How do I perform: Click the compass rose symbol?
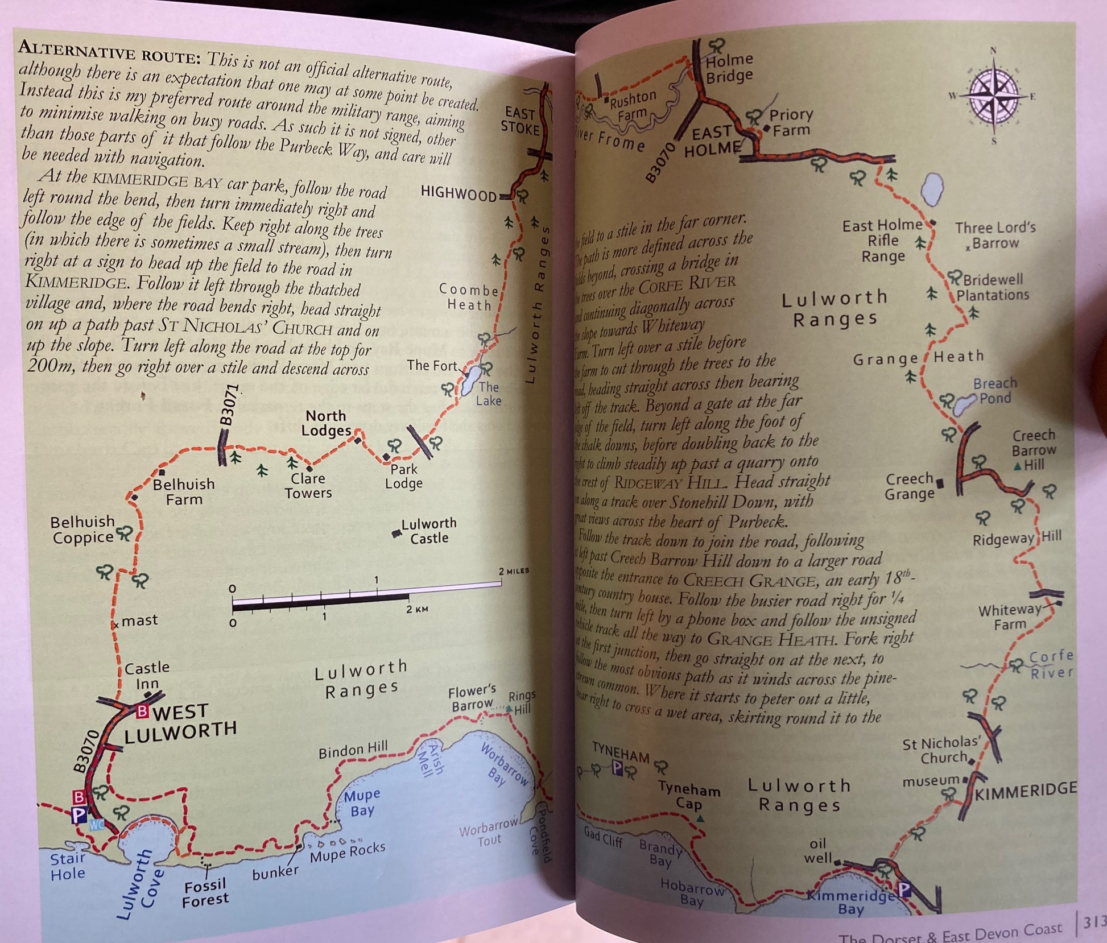click(x=994, y=96)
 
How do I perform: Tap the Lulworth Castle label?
click(x=429, y=531)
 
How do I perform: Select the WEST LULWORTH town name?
click(x=180, y=720)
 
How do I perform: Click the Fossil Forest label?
click(x=205, y=892)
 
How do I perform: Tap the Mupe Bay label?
click(x=362, y=802)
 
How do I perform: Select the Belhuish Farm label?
click(x=184, y=491)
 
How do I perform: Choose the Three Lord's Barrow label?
click(x=996, y=235)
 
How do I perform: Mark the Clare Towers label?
click(x=308, y=486)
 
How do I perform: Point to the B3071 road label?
click(x=228, y=405)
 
